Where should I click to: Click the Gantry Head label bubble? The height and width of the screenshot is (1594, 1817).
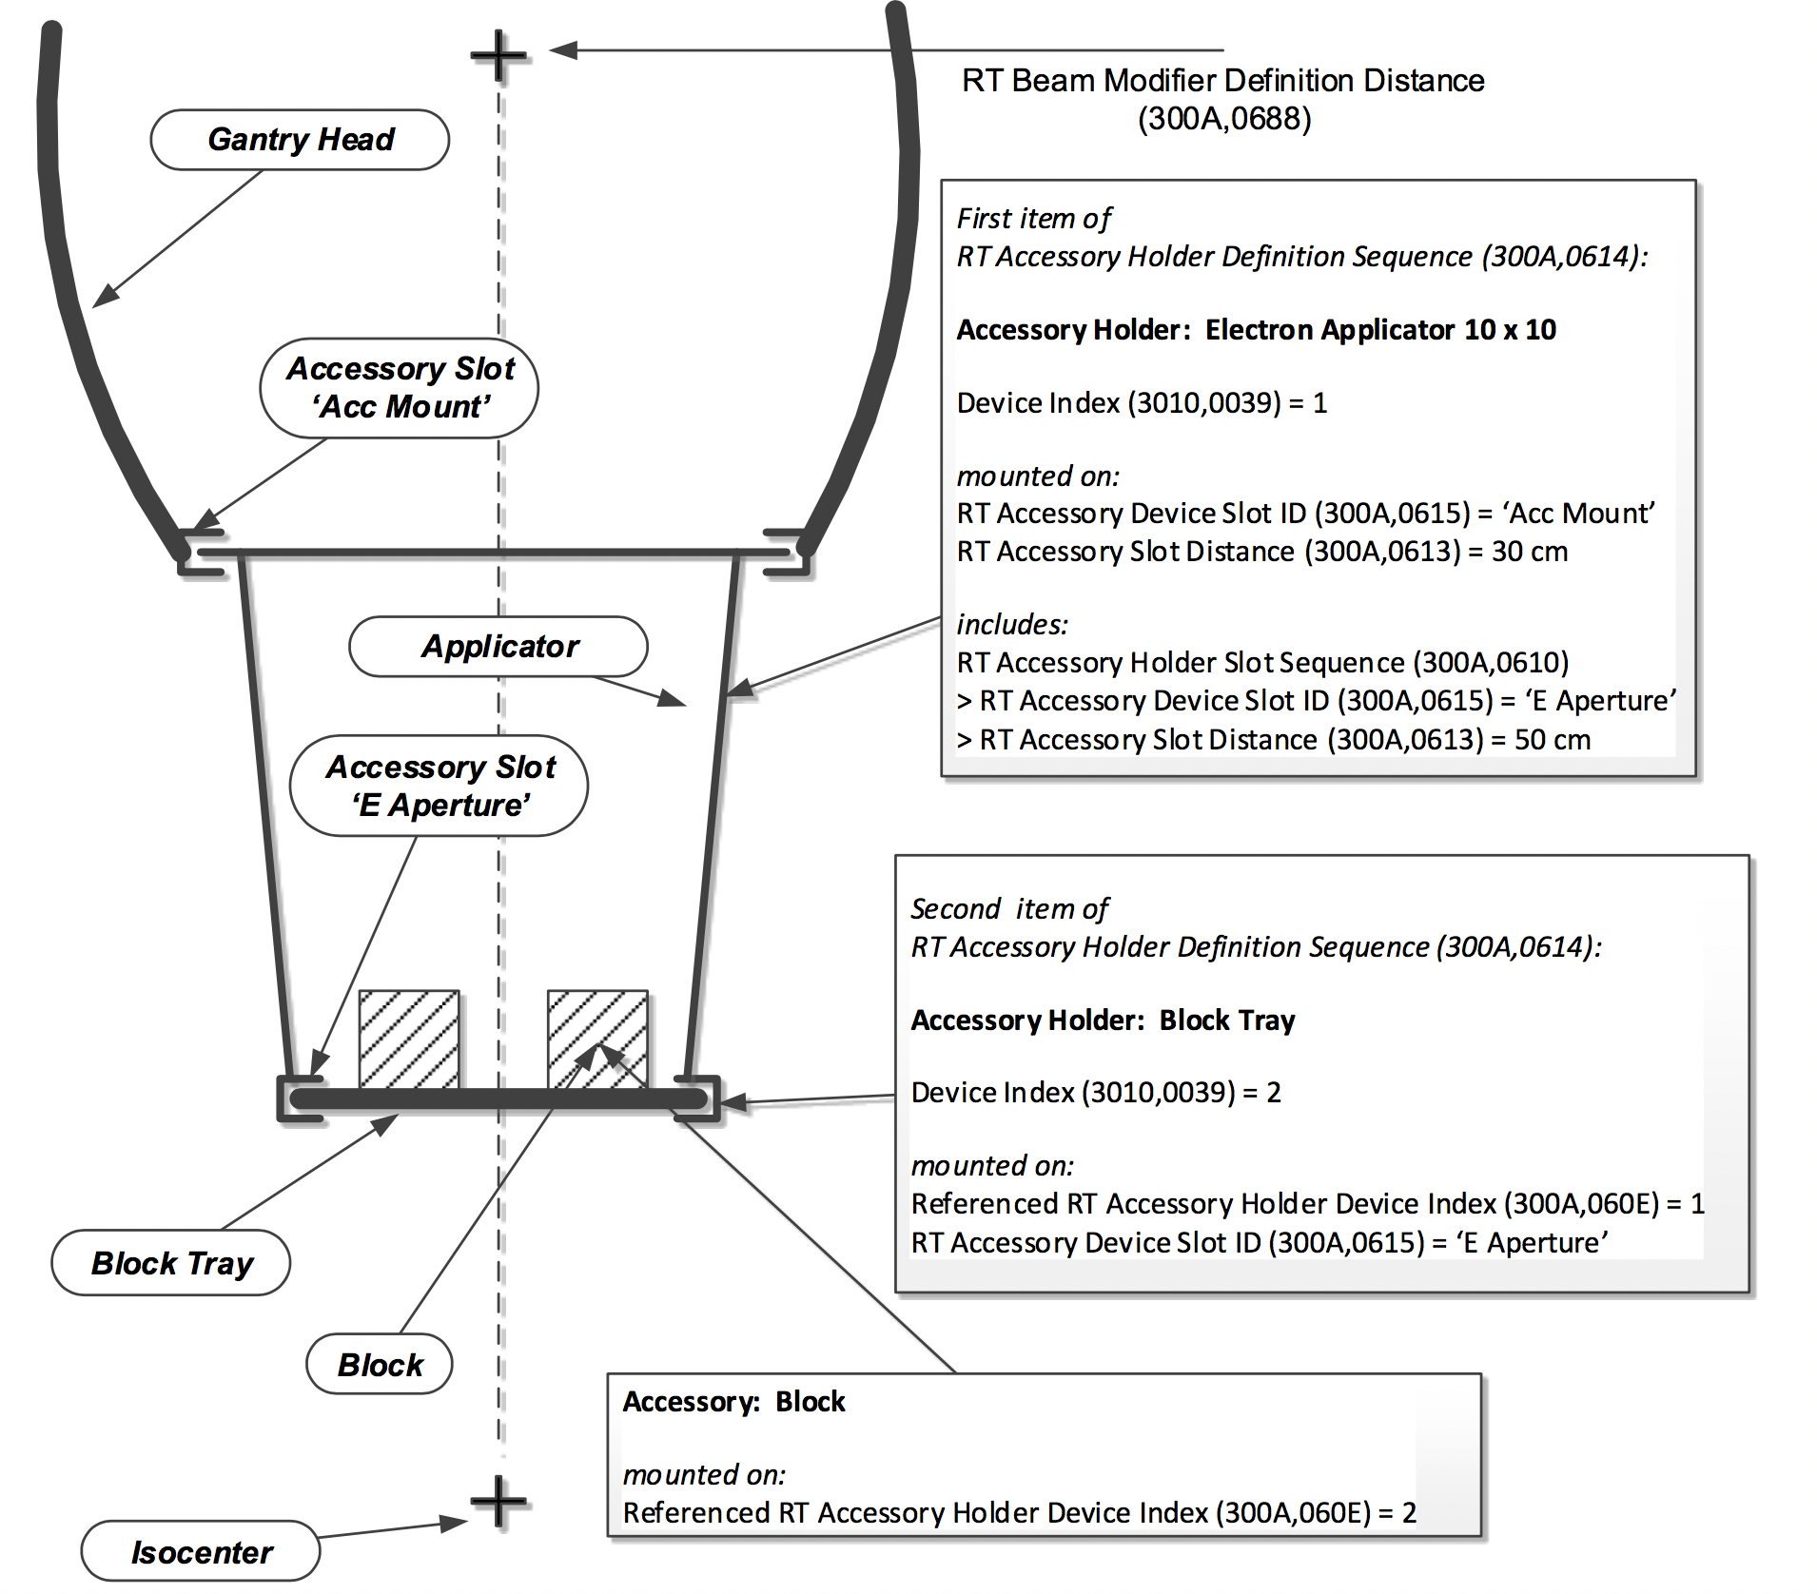coord(300,140)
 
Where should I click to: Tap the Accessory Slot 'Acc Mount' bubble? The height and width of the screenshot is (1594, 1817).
coord(400,388)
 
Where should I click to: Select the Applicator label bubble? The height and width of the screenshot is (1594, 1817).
coord(498,647)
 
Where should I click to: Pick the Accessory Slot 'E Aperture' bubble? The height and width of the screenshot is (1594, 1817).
coord(440,786)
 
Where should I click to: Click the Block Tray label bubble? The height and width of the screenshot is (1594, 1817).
coord(171,1263)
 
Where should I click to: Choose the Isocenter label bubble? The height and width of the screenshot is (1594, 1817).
coord(201,1552)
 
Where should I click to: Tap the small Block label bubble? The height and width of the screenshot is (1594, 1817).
coord(380,1365)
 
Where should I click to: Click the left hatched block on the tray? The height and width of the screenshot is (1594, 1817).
coord(409,1039)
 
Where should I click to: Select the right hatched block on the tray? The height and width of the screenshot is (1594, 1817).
coord(597,1039)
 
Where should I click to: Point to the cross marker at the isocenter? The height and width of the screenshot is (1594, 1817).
coord(498,1503)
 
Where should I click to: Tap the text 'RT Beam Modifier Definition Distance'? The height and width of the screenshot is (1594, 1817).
coord(1222,81)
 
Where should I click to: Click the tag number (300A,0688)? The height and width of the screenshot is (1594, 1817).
coord(1224,119)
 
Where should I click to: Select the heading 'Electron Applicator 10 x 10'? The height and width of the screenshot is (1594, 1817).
coord(1380,330)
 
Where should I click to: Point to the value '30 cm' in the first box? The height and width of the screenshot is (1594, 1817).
coord(1529,552)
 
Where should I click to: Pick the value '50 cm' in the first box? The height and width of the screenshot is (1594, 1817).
coord(1552,740)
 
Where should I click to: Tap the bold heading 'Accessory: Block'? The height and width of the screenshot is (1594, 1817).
coord(733,1402)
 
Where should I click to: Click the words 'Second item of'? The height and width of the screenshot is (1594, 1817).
coord(1009,909)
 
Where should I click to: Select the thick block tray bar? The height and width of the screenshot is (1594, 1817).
coord(498,1099)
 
